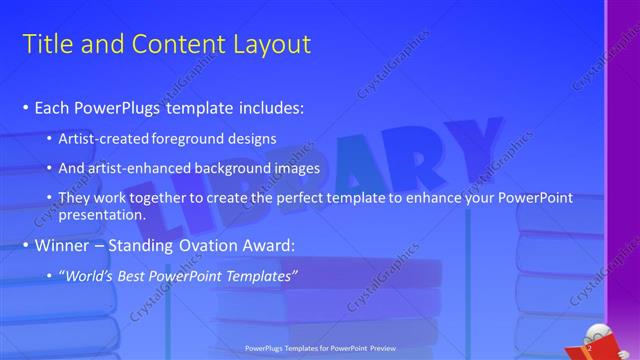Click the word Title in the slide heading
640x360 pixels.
(x=45, y=43)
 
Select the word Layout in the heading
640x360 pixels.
(x=270, y=43)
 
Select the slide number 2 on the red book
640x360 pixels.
(x=590, y=348)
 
